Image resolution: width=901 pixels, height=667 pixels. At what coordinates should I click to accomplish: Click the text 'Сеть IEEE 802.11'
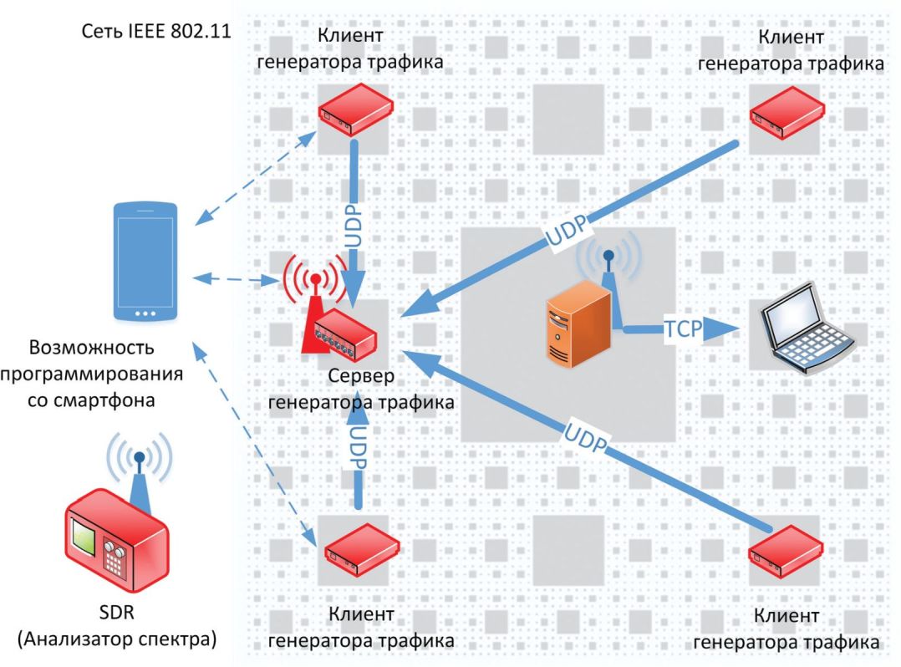tap(156, 32)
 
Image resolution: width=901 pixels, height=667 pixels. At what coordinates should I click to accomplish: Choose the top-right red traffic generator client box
tap(786, 113)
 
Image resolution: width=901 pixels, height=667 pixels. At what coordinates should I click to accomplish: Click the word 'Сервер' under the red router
tap(360, 377)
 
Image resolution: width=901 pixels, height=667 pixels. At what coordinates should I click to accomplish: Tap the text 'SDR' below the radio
tap(115, 616)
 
